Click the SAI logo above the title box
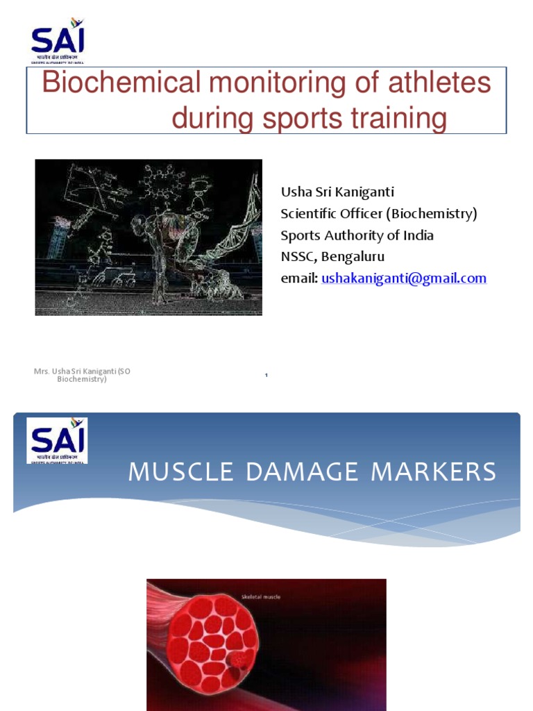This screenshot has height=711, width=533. point(57,42)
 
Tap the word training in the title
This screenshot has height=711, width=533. point(395,119)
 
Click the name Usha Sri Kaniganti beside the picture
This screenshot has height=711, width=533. point(337,192)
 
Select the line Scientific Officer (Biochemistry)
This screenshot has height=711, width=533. point(378,213)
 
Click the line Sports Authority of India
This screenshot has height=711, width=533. point(357,235)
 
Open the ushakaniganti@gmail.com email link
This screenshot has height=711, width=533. point(404,278)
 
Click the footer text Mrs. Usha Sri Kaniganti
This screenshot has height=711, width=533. point(82,371)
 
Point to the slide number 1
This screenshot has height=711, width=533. point(266,376)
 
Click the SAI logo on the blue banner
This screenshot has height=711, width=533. point(57,440)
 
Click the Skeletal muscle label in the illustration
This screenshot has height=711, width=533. point(260,596)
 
